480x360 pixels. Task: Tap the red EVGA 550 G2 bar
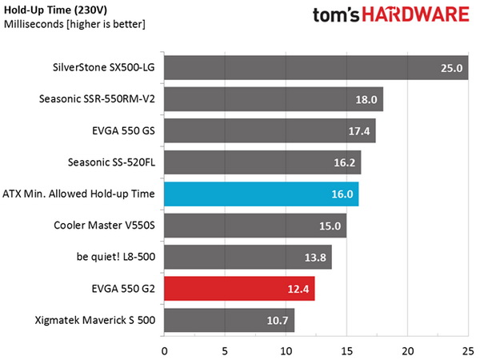click(239, 289)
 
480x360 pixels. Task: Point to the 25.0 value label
click(452, 69)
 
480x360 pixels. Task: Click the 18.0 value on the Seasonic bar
click(367, 100)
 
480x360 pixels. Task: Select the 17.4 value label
click(360, 132)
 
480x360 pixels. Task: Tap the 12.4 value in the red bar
click(299, 289)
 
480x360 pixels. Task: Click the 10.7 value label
click(278, 321)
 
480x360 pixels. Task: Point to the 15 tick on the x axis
click(347, 350)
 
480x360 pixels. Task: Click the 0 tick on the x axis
click(164, 350)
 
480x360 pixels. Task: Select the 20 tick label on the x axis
click(408, 350)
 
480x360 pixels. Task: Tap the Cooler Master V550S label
click(106, 226)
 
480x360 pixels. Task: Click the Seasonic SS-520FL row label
click(108, 163)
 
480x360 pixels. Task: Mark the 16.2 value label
click(346, 163)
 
